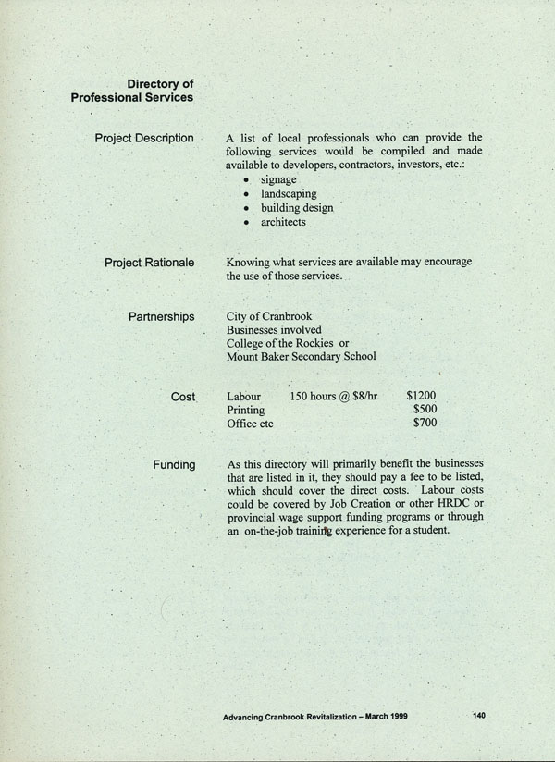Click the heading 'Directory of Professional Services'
(132, 91)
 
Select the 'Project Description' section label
(144, 139)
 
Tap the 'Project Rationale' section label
(149, 263)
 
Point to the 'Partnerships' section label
(161, 316)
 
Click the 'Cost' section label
(182, 396)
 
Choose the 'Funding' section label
(174, 464)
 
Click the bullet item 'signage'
(278, 179)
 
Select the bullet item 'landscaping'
(289, 194)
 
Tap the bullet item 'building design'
(297, 208)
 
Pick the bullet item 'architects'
(283, 222)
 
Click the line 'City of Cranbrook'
(269, 316)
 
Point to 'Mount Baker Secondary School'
(302, 356)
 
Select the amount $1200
(422, 396)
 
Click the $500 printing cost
(425, 410)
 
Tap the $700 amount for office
(425, 424)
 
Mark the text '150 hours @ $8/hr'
(334, 396)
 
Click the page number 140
(478, 714)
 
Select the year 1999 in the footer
(396, 715)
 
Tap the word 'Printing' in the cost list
(245, 410)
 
